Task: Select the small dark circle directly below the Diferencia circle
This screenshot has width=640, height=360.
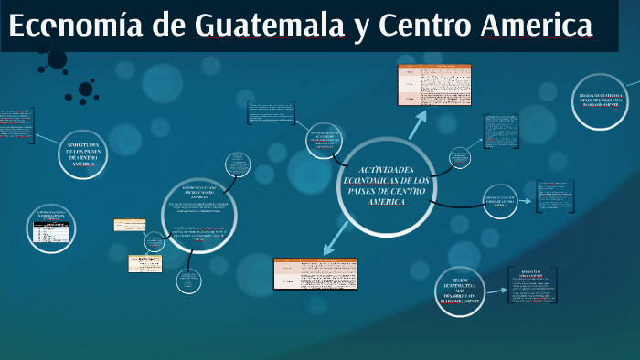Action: pos(189,282)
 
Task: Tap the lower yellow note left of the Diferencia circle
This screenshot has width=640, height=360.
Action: pos(144,263)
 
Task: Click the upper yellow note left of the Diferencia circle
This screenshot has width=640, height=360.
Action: pos(128,225)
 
